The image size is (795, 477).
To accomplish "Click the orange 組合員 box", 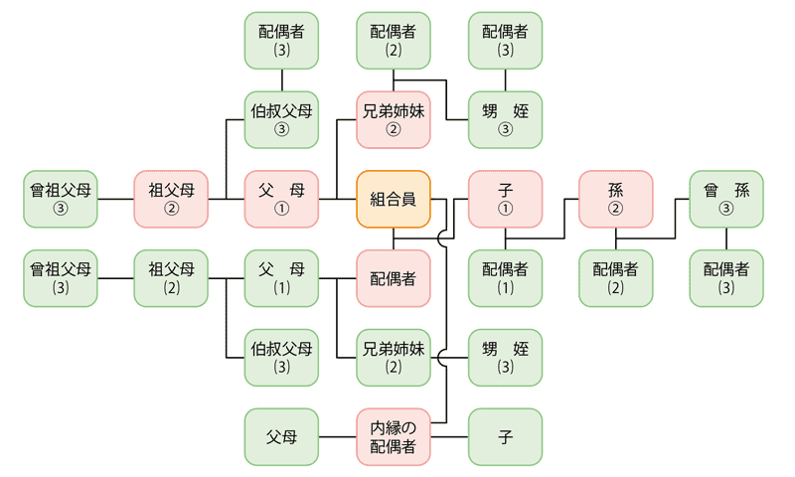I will (394, 199).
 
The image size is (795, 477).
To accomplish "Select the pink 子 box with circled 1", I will (506, 199).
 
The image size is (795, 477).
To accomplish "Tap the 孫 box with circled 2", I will (616, 199).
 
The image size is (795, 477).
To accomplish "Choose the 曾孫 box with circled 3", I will (727, 199).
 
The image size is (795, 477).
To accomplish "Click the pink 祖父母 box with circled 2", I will (171, 199).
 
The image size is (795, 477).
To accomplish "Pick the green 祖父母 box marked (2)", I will (171, 278).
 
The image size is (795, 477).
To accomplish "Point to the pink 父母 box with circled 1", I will (282, 199).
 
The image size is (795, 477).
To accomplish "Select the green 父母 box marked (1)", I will (282, 278).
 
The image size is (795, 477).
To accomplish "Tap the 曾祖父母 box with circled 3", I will (61, 199).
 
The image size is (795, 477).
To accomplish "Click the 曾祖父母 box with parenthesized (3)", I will (61, 278).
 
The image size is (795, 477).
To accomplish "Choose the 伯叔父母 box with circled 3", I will (282, 119).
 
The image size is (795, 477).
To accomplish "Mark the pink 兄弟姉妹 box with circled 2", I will (394, 119).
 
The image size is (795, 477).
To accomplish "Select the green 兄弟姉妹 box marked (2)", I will (394, 358).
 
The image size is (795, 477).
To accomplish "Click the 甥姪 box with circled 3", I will (506, 119).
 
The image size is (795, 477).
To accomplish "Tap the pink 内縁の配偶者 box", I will (394, 437).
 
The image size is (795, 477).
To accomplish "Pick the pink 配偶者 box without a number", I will (394, 278).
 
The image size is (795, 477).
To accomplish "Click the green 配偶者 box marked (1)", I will (506, 278).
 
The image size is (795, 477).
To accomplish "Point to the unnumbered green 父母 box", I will (282, 437).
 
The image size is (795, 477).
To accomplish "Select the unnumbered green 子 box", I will (506, 437).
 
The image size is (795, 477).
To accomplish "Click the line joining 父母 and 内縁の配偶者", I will (338, 437).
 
